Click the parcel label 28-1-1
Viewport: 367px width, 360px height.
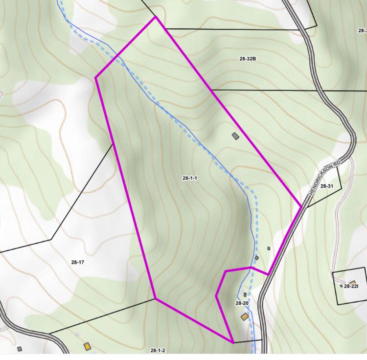point(189,178)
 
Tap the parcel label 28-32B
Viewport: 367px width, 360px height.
point(248,59)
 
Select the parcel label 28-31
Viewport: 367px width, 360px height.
point(326,186)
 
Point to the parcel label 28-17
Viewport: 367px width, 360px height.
point(78,262)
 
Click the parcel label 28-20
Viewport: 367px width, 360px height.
point(242,304)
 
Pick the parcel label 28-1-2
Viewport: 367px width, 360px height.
point(158,350)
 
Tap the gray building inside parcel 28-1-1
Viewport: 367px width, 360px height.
point(235,136)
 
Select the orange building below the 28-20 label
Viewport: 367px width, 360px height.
point(244,317)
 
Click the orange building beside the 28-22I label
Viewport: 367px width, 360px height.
point(352,282)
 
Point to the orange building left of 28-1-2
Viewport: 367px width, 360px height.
point(87,346)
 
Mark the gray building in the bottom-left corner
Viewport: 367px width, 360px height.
point(20,349)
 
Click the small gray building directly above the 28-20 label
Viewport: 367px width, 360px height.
point(245,294)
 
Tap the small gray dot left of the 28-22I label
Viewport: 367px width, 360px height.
point(342,286)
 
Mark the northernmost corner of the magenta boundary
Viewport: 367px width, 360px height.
point(156,17)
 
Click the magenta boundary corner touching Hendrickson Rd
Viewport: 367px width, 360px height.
point(301,207)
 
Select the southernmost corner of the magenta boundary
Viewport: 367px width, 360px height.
point(233,342)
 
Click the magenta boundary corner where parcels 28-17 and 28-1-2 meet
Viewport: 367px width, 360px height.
point(155,298)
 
